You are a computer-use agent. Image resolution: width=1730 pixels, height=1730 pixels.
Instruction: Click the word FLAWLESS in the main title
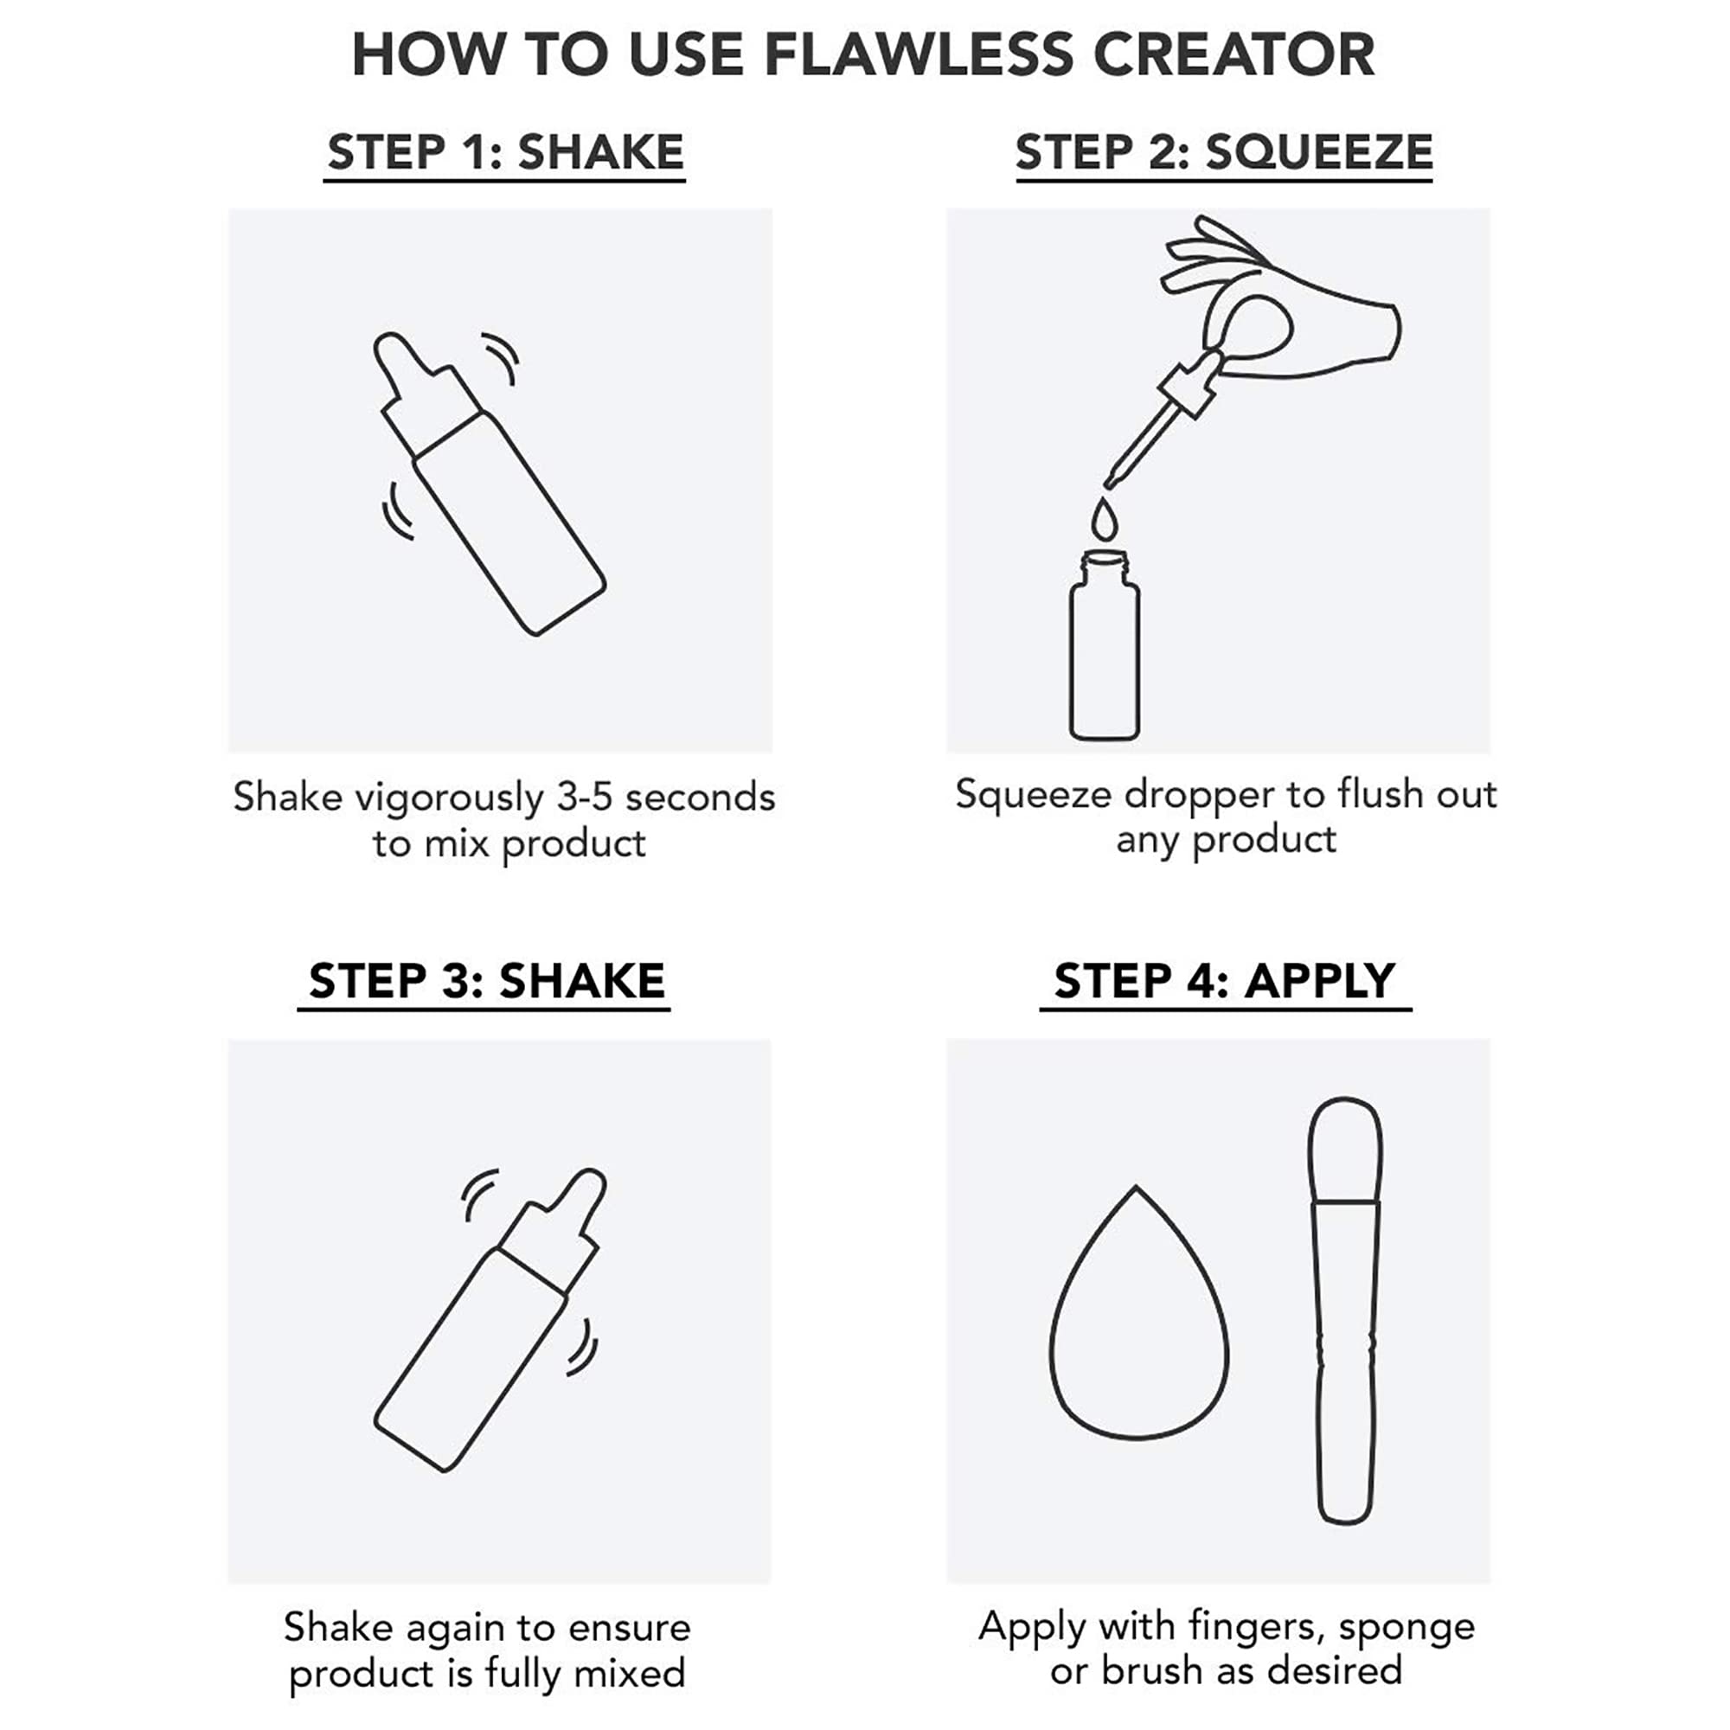click(x=917, y=55)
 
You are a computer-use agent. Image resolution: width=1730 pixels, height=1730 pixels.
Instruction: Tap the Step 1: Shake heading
click(x=505, y=152)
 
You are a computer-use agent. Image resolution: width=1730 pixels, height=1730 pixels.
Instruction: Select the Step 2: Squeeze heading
click(x=1223, y=152)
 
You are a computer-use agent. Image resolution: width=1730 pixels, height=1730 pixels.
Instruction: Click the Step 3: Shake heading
click(x=486, y=982)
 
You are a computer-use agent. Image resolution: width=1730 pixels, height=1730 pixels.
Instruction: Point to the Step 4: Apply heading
click(x=1224, y=982)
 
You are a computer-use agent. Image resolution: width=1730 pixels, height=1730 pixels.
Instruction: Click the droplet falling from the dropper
click(x=1104, y=520)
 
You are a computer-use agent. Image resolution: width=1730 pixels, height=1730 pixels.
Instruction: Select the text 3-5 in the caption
click(x=585, y=797)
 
